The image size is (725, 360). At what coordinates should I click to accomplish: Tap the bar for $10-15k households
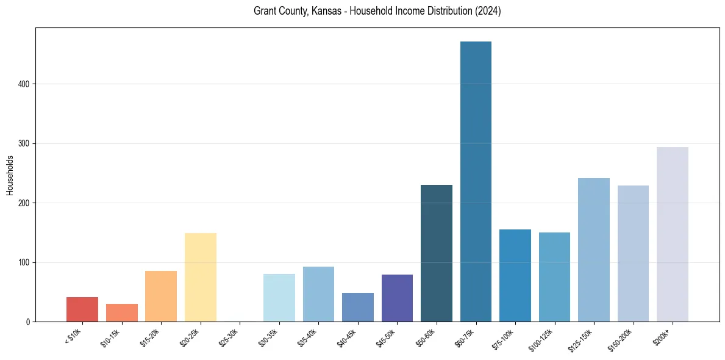tap(122, 312)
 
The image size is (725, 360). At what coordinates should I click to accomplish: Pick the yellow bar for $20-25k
tap(201, 277)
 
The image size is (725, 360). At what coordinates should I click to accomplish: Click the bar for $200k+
tap(673, 234)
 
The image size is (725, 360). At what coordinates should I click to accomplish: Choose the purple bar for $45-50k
tap(397, 298)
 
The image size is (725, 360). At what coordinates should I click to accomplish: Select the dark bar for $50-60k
tap(437, 253)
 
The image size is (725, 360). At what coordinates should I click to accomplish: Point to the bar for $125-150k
tap(594, 250)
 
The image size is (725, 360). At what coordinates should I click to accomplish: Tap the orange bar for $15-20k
tap(161, 296)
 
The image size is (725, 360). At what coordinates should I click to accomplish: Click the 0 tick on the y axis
tap(28, 322)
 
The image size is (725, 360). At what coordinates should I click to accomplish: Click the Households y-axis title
tap(10, 175)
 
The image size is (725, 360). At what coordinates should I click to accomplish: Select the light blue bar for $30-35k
tap(279, 298)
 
